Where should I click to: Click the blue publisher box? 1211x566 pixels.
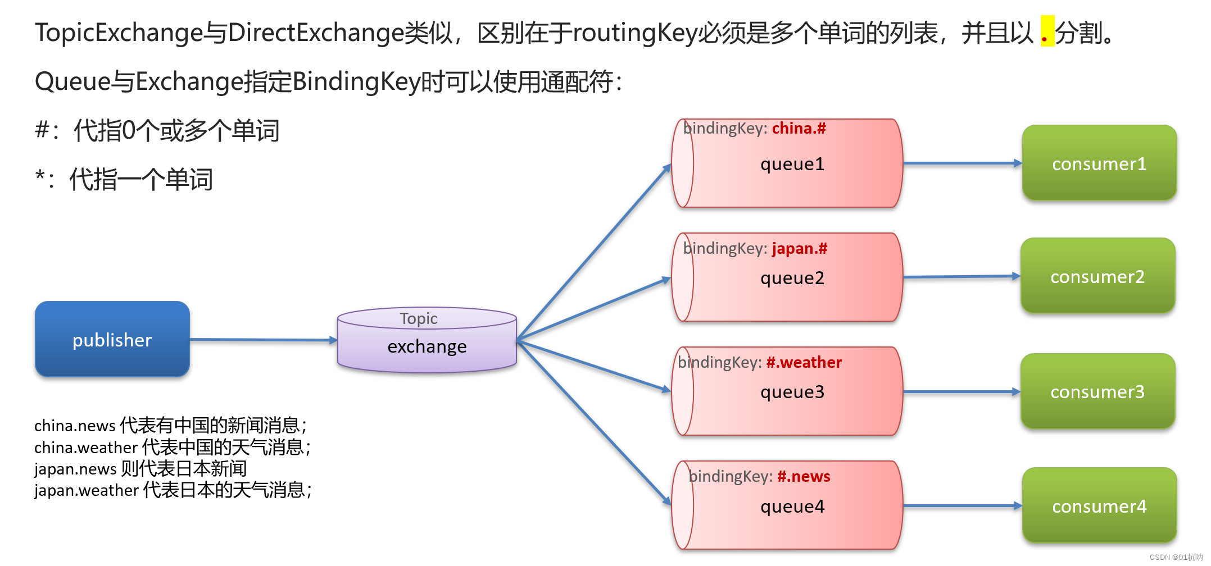pyautogui.click(x=112, y=339)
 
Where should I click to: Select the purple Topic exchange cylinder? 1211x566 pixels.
pyautogui.click(x=427, y=340)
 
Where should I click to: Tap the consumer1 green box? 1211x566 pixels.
pyautogui.click(x=1099, y=163)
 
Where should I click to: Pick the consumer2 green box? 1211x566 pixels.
pyautogui.click(x=1097, y=276)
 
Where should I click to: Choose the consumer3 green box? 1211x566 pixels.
pyautogui.click(x=1097, y=391)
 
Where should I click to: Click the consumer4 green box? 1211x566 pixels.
pyautogui.click(x=1099, y=505)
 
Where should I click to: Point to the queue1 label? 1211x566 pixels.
pyautogui.click(x=792, y=164)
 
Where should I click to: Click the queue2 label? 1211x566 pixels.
pyautogui.click(x=792, y=278)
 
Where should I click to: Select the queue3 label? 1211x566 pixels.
pyautogui.click(x=792, y=392)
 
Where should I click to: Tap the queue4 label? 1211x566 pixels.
pyautogui.click(x=792, y=506)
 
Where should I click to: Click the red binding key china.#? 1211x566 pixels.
pyautogui.click(x=799, y=129)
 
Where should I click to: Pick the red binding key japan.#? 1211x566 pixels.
pyautogui.click(x=800, y=248)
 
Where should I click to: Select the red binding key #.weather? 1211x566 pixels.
pyautogui.click(x=804, y=362)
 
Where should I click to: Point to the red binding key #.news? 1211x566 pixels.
pyautogui.click(x=804, y=476)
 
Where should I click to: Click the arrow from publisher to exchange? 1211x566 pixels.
pyautogui.click(x=264, y=340)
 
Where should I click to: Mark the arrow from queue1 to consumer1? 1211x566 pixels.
pyautogui.click(x=963, y=163)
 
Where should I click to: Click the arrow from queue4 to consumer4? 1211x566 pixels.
pyautogui.click(x=963, y=506)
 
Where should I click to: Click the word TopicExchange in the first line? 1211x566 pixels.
pyautogui.click(x=119, y=33)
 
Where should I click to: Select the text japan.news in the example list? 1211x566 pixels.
pyautogui.click(x=75, y=469)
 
